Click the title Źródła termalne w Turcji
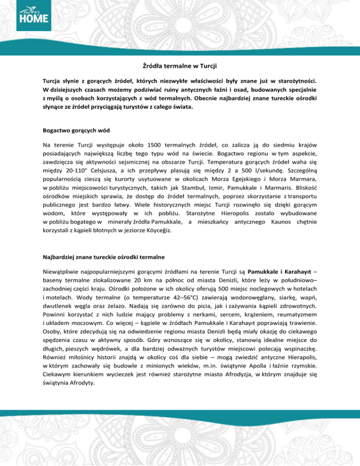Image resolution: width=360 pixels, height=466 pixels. [x=180, y=66]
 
